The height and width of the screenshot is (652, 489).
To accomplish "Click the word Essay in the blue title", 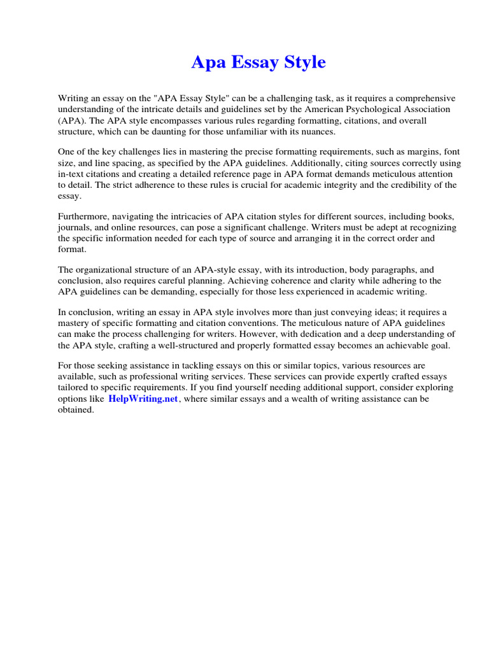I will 259,63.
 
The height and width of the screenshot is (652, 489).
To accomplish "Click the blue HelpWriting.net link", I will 143,399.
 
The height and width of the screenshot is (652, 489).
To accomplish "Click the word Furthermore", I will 85,218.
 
